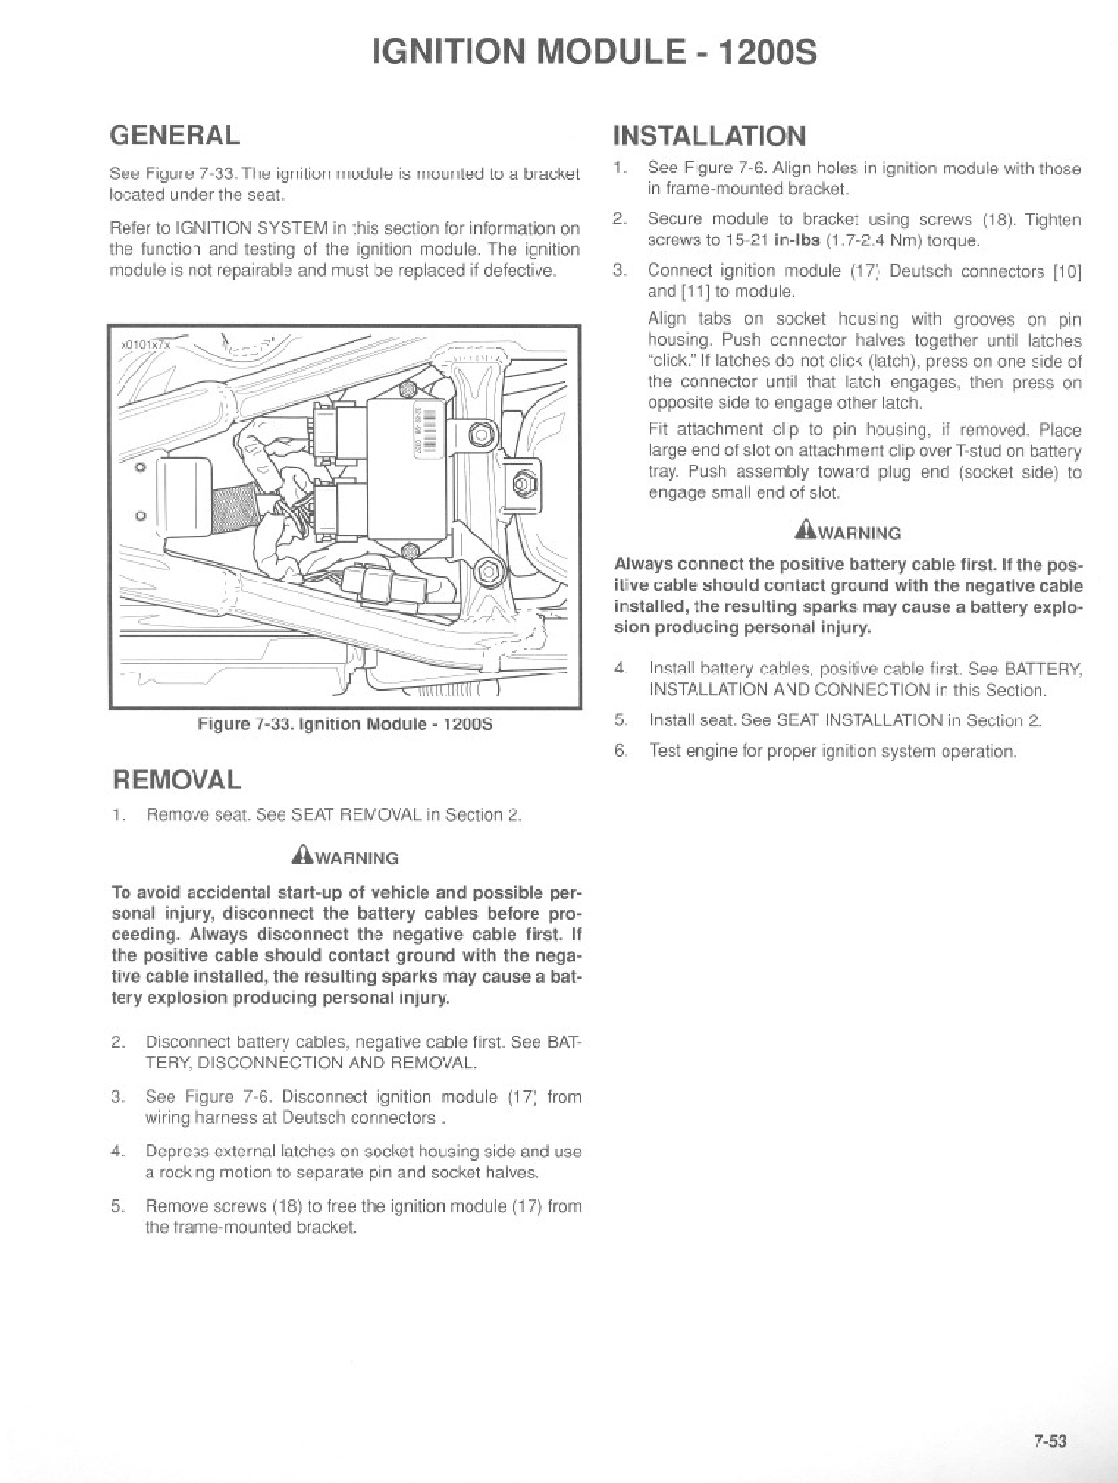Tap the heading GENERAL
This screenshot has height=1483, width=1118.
point(174,133)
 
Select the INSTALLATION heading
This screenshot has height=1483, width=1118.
point(709,135)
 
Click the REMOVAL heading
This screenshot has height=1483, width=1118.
point(177,779)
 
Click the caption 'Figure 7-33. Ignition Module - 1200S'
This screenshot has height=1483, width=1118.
point(344,723)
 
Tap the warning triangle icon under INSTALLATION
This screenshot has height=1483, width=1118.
point(803,531)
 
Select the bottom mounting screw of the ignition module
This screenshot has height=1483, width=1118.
point(410,550)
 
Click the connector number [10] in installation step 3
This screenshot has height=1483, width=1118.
point(1066,271)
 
